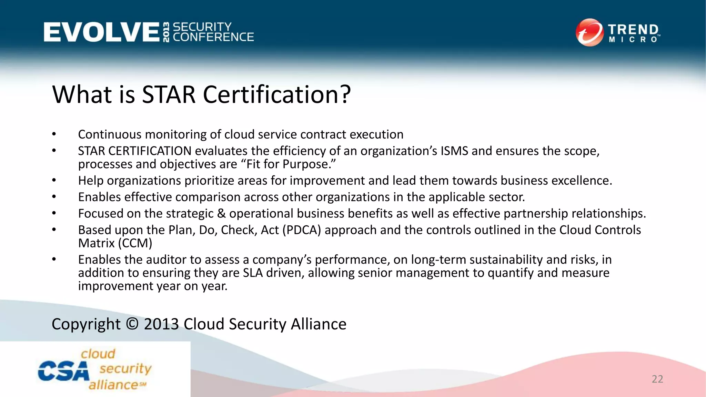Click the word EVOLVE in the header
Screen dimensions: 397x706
click(101, 32)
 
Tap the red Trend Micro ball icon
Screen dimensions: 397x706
click(589, 32)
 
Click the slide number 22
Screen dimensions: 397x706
click(657, 379)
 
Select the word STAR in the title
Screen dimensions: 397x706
click(169, 94)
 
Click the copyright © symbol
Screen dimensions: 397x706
click(132, 324)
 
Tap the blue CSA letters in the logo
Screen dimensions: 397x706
click(63, 371)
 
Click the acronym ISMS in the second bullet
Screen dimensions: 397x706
click(454, 151)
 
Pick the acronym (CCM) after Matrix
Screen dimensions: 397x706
click(135, 243)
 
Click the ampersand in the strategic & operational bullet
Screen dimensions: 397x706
click(221, 214)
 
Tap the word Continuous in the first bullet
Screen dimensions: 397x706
click(110, 134)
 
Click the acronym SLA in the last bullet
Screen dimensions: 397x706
click(252, 273)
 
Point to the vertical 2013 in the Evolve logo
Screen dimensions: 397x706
click(166, 32)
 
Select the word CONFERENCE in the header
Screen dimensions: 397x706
click(213, 37)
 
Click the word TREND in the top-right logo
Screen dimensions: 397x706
click(633, 29)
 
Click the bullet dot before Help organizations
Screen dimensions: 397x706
click(54, 180)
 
